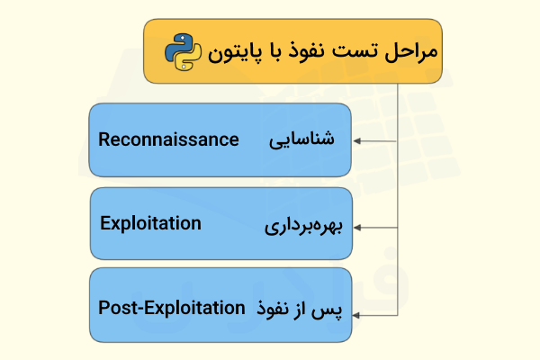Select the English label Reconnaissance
click(x=168, y=139)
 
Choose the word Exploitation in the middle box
click(x=150, y=223)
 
